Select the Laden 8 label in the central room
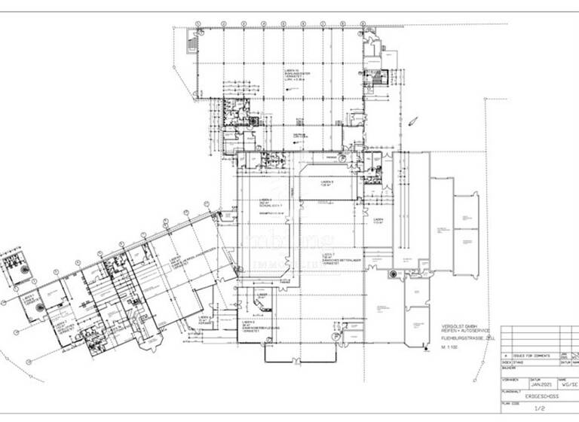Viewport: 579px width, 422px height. [327, 183]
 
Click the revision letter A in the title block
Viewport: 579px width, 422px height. [505, 353]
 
